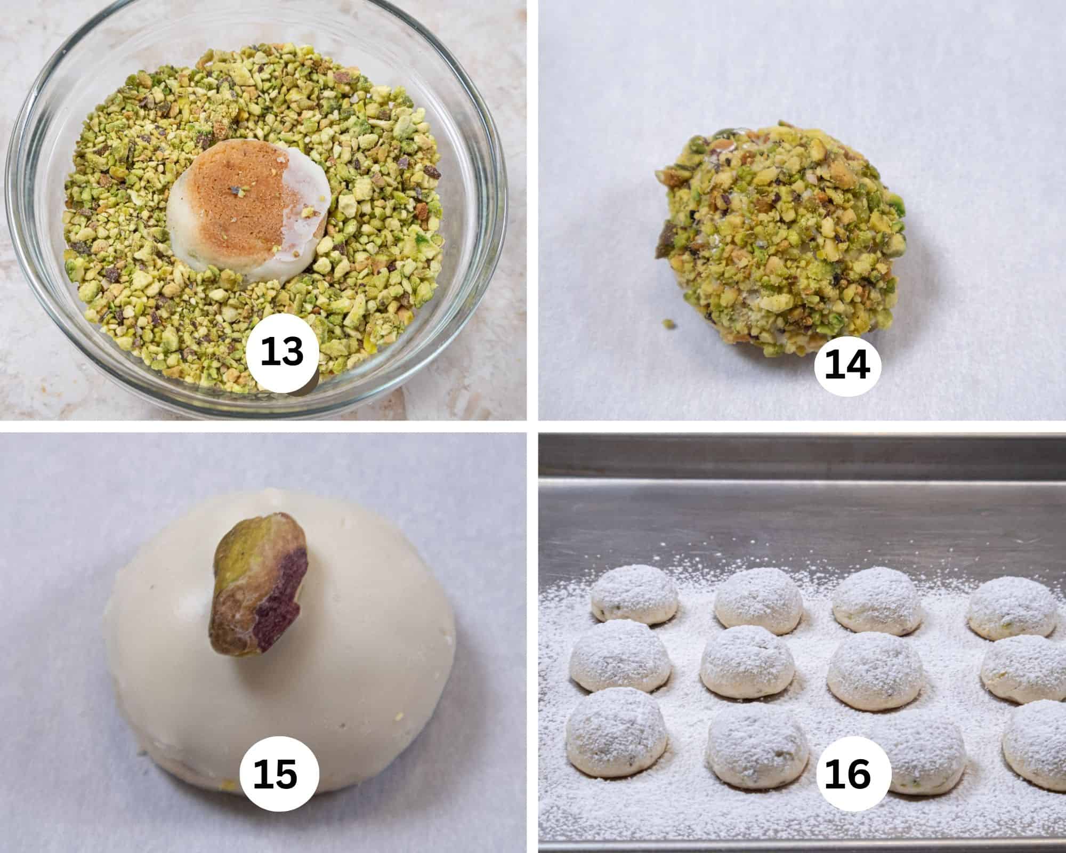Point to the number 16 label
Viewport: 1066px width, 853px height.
[x=847, y=774]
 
